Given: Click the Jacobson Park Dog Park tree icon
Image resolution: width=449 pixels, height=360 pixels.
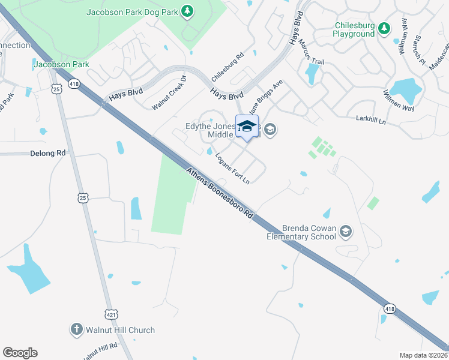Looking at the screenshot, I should (x=188, y=11).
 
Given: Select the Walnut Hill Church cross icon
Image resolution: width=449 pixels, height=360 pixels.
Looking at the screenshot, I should (x=76, y=329).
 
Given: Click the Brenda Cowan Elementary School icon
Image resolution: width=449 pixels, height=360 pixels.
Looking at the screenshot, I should (x=345, y=231).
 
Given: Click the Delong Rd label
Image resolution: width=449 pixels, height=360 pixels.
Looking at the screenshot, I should (x=47, y=154).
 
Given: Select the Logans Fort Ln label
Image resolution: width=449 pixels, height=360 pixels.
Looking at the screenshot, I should (x=232, y=168).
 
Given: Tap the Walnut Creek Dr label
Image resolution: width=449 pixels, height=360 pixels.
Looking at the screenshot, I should (x=170, y=93).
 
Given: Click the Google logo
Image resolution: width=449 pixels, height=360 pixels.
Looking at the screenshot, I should (x=20, y=353).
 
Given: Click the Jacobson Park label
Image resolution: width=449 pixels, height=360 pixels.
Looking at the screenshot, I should (x=62, y=64).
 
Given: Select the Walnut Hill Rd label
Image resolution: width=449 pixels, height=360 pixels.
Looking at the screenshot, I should (x=100, y=350).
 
